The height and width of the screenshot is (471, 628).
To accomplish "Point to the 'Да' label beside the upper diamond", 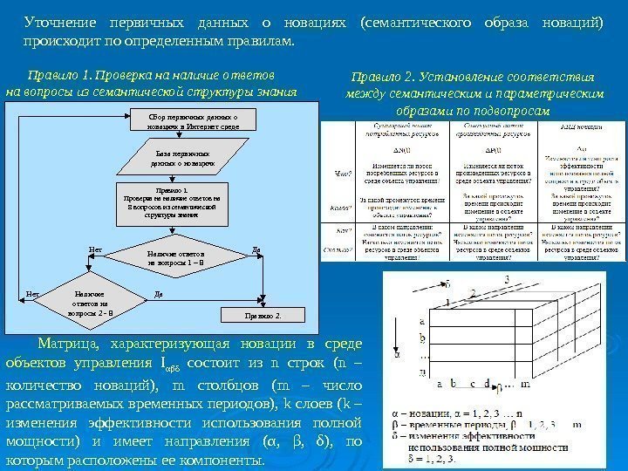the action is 256,249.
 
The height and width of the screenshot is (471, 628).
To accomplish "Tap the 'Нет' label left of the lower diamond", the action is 31,294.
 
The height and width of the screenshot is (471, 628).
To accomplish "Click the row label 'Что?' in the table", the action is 344,174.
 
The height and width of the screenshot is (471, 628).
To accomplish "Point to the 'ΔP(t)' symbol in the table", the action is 495,151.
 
